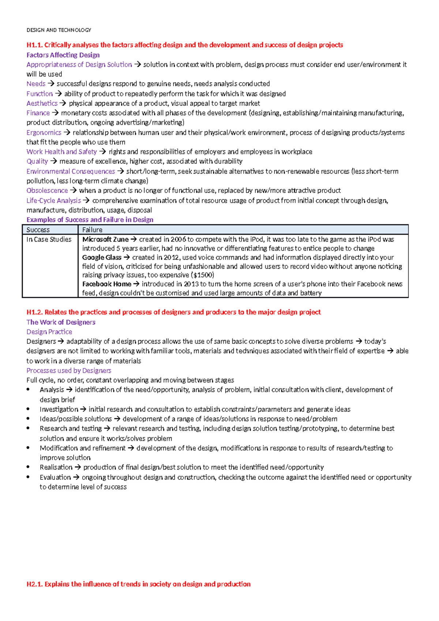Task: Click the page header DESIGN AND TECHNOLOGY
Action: [59, 30]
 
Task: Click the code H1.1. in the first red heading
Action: [34, 45]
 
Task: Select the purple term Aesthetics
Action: [42, 103]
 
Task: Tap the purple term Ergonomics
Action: [44, 133]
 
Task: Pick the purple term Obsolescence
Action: [47, 191]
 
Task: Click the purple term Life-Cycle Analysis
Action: [53, 200]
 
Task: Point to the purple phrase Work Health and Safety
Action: [61, 152]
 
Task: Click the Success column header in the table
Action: [38, 230]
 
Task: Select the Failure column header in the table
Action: [92, 230]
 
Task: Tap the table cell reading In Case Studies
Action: [49, 240]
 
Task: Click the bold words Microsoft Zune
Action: [105, 240]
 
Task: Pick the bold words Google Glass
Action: [102, 257]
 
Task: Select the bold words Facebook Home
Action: [106, 284]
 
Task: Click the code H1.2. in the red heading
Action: [35, 312]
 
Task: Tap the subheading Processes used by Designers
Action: [69, 370]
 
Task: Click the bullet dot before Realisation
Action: [28, 467]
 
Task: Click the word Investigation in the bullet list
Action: [59, 409]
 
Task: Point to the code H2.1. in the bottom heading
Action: [35, 584]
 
